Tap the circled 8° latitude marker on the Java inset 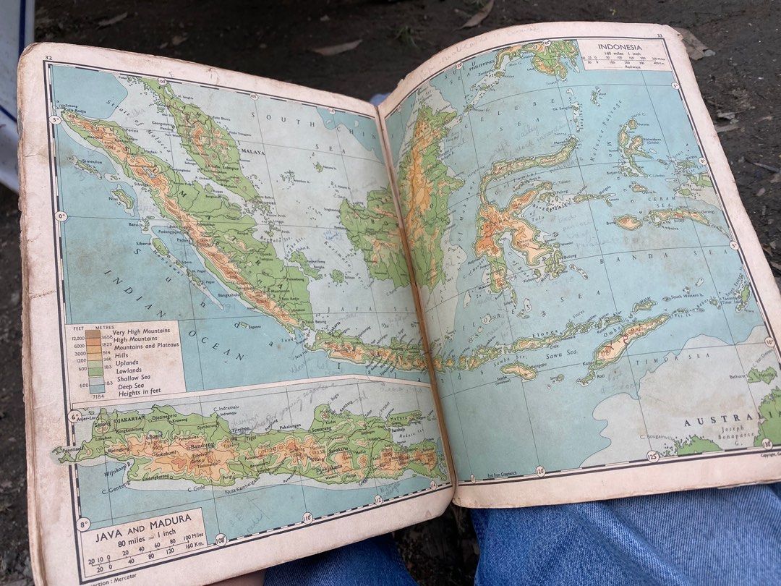coord(84,524)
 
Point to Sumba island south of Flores coord(518,370)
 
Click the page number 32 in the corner coord(48,57)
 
